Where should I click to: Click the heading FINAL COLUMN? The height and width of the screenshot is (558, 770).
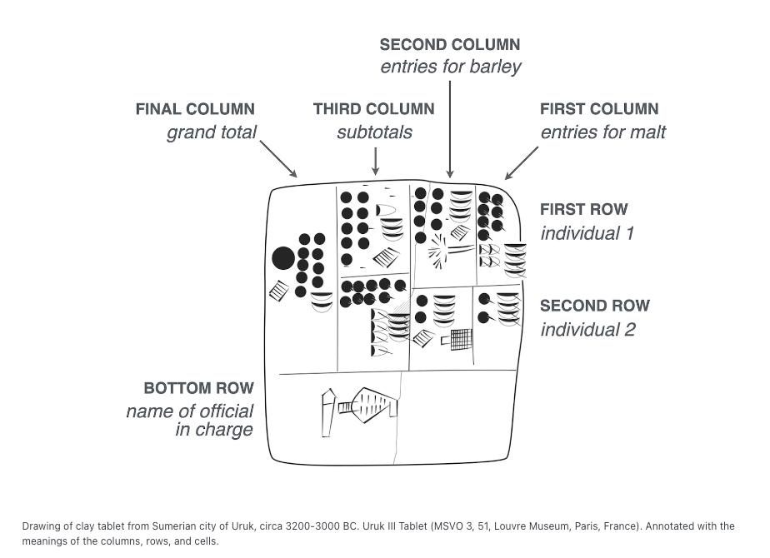(195, 109)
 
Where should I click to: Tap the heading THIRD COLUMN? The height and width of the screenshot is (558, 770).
(373, 109)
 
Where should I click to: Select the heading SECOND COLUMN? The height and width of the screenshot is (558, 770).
(450, 45)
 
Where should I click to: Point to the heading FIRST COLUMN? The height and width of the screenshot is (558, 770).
(599, 109)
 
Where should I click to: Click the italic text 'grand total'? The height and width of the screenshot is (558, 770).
(212, 132)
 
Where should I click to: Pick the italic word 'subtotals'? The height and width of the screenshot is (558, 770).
(374, 132)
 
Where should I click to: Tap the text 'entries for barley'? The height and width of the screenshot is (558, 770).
(451, 67)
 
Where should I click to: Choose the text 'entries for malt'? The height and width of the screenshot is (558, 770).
(603, 132)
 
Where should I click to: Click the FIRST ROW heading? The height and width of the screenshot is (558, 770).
(584, 210)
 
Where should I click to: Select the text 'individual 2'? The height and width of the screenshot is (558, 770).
(587, 329)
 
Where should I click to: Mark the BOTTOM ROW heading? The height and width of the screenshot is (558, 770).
(198, 388)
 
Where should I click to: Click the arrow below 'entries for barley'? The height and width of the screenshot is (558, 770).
(450, 129)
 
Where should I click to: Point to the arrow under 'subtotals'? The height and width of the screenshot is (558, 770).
(375, 161)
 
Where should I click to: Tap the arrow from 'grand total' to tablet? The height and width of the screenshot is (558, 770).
(278, 159)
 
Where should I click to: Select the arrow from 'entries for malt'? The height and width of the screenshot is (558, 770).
(522, 163)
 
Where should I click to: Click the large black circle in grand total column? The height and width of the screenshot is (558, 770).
(283, 258)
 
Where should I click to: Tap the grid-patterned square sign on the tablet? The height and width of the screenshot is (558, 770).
(461, 339)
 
